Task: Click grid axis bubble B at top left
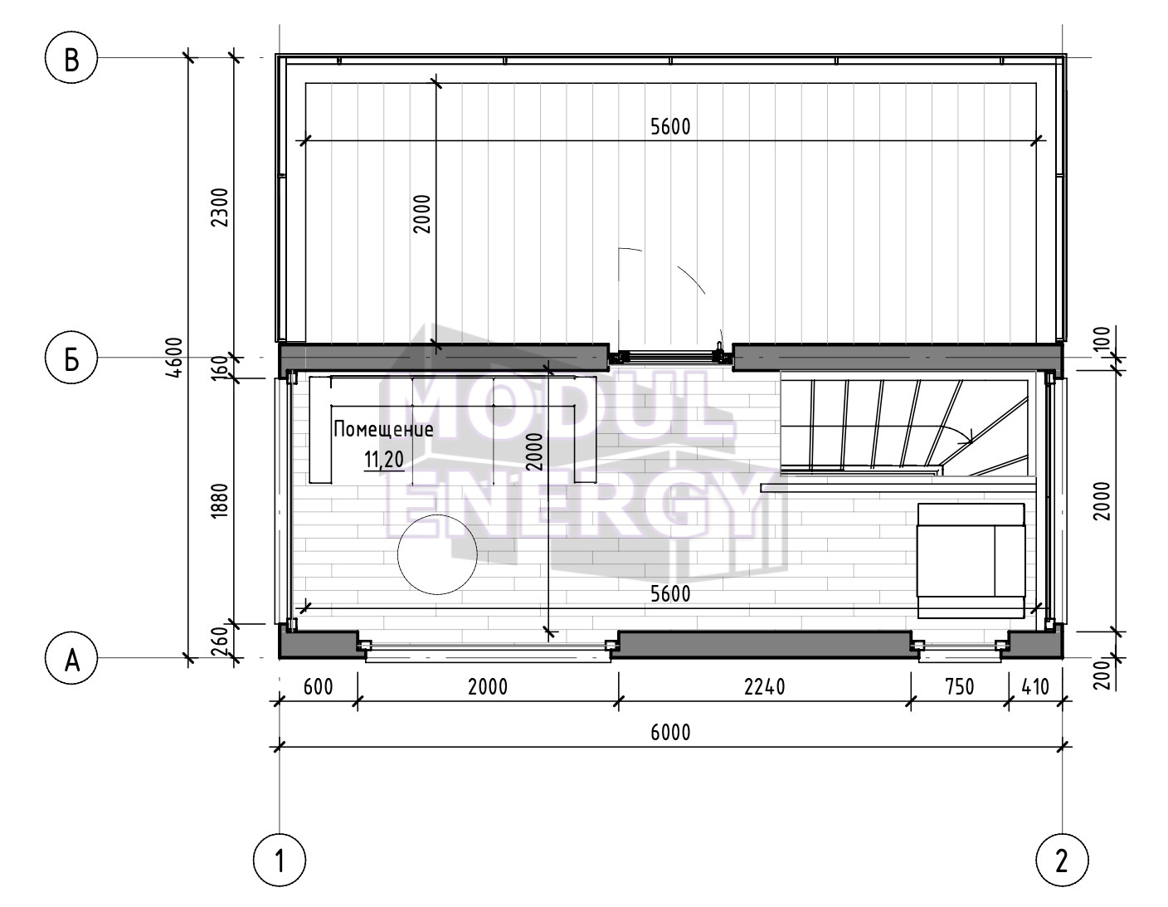tap(71, 57)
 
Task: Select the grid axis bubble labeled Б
tap(71, 358)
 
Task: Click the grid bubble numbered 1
tap(280, 861)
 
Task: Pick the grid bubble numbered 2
tap(1062, 861)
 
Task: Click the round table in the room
tap(437, 554)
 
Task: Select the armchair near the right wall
tap(971, 561)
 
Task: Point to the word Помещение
tap(383, 429)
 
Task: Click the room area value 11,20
tap(384, 460)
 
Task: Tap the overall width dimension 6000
tap(670, 733)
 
